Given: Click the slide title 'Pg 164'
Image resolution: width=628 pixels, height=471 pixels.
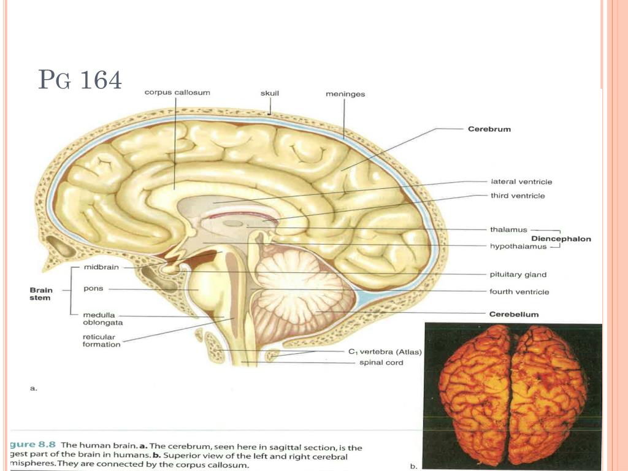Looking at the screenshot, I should [x=80, y=80].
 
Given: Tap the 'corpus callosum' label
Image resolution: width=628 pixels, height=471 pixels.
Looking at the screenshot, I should [x=177, y=93].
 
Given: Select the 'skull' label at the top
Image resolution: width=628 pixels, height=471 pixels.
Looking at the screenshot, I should [x=270, y=94].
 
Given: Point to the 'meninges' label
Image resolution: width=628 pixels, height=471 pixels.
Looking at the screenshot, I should [x=345, y=94].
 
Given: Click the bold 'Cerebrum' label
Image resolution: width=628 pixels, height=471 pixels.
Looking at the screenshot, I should [x=489, y=129].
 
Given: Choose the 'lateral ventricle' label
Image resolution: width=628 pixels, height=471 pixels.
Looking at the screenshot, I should [x=521, y=182].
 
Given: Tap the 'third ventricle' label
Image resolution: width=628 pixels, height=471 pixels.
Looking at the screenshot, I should [x=518, y=196].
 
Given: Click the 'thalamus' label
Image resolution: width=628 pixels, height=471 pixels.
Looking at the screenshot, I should [x=508, y=229].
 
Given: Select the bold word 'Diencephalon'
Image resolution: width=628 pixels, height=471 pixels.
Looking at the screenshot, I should [x=561, y=239].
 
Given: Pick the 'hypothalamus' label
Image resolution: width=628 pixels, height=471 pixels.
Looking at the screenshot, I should [x=518, y=247].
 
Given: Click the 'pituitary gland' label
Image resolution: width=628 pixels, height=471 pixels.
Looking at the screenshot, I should [x=518, y=274].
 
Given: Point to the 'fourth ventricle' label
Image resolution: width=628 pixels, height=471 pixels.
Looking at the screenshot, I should [x=519, y=292].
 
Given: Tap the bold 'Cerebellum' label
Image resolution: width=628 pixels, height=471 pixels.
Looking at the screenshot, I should [x=513, y=314].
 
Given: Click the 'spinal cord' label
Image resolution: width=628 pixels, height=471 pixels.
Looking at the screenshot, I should [x=381, y=362].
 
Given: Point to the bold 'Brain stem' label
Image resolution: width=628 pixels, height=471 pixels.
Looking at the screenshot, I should [x=41, y=294].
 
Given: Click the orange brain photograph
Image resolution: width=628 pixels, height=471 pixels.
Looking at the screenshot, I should [x=512, y=396].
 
